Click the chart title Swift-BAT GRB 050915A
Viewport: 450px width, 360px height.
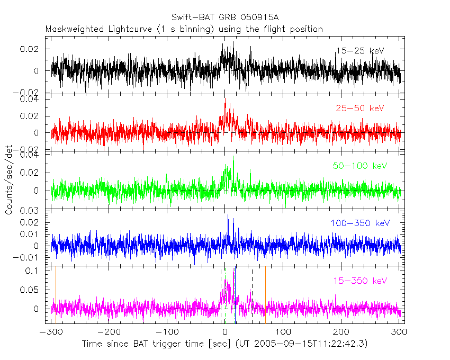click(225, 19)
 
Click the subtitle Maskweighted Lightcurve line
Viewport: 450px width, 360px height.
click(184, 29)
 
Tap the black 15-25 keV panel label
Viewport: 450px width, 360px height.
click(359, 51)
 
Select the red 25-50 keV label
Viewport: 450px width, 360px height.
click(359, 108)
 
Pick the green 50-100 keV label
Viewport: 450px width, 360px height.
click(360, 166)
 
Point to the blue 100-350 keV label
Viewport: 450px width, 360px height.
click(360, 223)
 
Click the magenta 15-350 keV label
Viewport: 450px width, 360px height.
click(360, 281)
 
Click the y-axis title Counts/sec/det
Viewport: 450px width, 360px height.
click(9, 180)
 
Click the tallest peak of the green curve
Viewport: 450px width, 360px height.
click(233, 157)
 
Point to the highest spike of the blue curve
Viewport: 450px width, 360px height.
click(228, 215)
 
